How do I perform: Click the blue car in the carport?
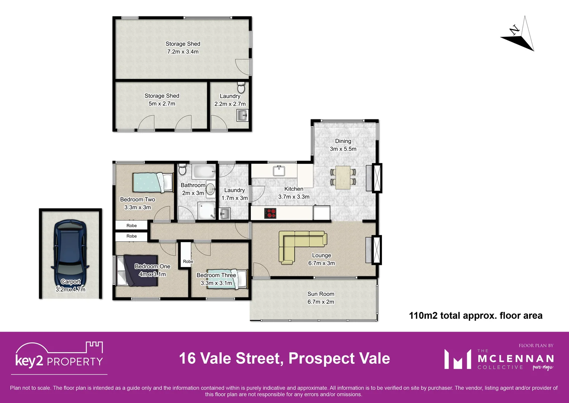70,253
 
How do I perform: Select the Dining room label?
343,141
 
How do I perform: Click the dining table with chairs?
343,177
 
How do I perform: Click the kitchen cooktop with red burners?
270,213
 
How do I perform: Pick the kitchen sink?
279,171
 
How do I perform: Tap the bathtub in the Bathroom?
204,172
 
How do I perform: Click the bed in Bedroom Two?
153,182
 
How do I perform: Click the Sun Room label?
321,294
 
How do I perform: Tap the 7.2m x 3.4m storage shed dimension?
183,52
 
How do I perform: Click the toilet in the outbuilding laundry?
241,88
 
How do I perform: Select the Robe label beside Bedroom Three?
188,262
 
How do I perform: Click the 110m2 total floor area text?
475,316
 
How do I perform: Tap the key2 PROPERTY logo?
59,356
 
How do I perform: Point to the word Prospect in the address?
322,359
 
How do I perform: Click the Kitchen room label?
294,189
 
